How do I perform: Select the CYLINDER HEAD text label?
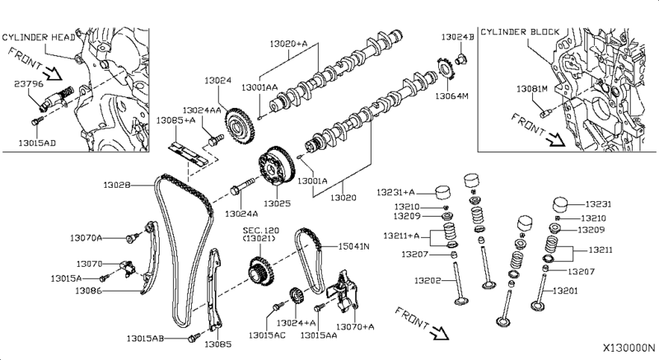40,38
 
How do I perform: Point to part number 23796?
27,82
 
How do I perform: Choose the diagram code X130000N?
628,348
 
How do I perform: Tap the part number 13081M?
532,88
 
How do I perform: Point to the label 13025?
278,203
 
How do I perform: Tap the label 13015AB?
146,339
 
